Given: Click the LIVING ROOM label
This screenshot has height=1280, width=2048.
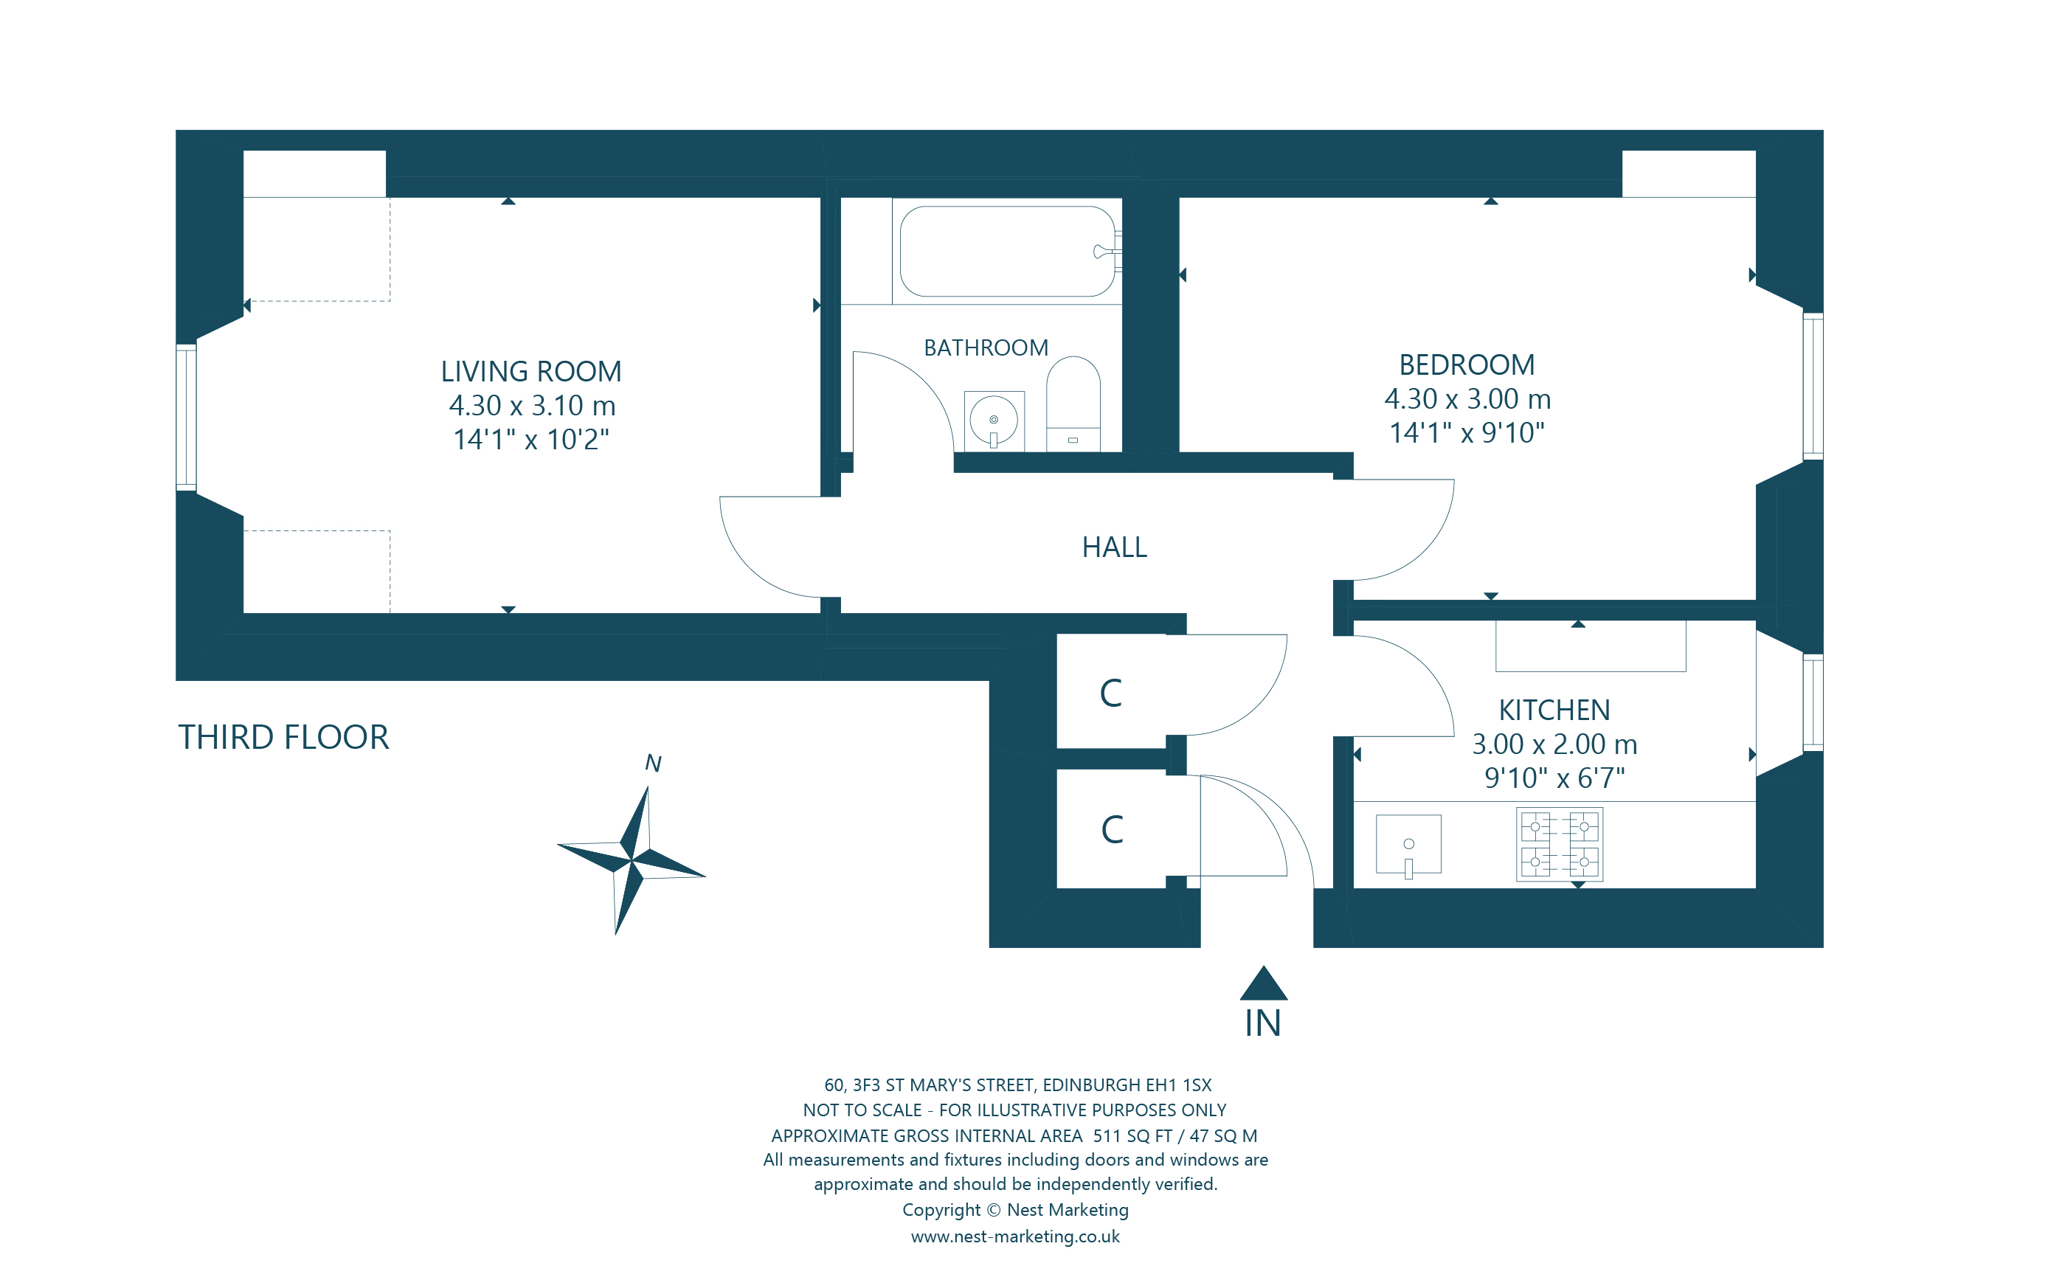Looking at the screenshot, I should [x=530, y=372].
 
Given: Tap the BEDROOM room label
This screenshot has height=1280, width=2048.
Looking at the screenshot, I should [x=1466, y=365].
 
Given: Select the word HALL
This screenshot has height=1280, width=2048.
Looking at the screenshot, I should [x=1114, y=547].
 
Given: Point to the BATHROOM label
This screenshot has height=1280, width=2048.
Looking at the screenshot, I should [x=985, y=348].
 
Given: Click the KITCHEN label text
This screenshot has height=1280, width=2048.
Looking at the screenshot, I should [x=1554, y=710].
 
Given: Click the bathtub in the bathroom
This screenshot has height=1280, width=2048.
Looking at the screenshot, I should [x=1006, y=252].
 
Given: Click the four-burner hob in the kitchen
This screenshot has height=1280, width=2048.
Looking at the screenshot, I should [x=1559, y=845].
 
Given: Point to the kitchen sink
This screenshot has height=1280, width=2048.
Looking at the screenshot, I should [x=1408, y=844].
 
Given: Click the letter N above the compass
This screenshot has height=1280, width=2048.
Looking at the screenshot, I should [x=652, y=764].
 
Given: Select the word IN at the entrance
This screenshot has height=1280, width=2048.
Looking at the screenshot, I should [x=1262, y=1024].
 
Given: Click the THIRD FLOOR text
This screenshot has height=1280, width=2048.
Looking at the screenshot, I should [x=283, y=737].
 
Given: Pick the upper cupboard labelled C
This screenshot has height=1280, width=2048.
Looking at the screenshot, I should [x=1110, y=693].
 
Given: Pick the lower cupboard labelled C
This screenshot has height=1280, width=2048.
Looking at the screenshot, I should [x=1112, y=830].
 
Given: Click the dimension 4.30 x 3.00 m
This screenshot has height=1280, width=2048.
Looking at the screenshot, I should [x=1467, y=398].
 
